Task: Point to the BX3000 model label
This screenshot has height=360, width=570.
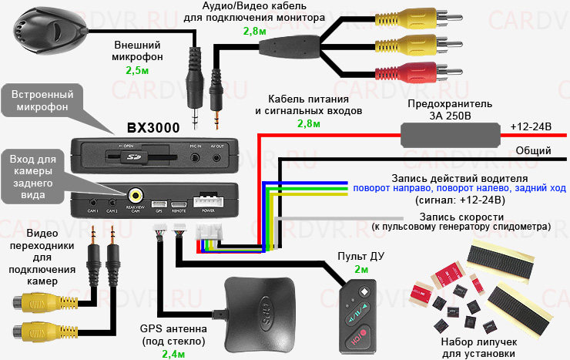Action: (153, 128)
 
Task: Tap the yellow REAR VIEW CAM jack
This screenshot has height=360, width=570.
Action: (136, 196)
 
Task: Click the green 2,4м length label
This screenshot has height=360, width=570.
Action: (174, 354)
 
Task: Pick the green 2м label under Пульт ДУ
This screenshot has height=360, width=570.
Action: (361, 271)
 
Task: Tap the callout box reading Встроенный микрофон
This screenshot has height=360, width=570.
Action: (42, 99)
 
